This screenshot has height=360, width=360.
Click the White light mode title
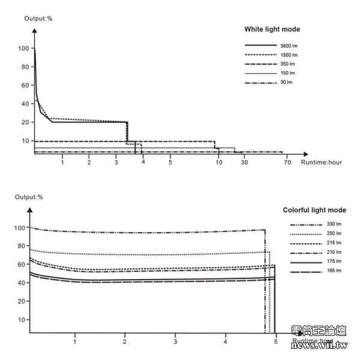tap(272, 29)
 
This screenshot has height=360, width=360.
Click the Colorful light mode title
tap(314, 210)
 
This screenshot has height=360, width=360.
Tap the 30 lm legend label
tap(286, 82)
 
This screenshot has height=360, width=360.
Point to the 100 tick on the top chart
tap(24, 48)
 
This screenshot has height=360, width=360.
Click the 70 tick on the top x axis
tap(287, 163)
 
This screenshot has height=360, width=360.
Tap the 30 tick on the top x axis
tap(244, 163)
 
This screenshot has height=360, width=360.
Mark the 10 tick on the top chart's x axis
tap(219, 163)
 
